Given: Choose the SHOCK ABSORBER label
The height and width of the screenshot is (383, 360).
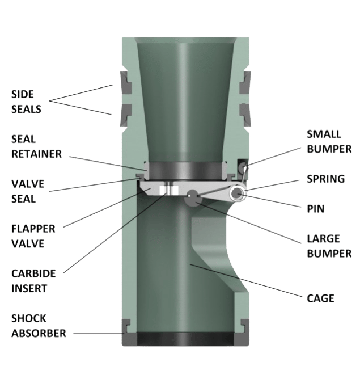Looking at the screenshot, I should pos(38,326).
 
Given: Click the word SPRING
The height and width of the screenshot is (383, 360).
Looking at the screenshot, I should pos(325,179).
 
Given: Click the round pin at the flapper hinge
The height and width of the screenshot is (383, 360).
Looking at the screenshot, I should pos(236,195).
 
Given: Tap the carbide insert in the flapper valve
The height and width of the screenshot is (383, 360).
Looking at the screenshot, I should pos(167,190).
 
